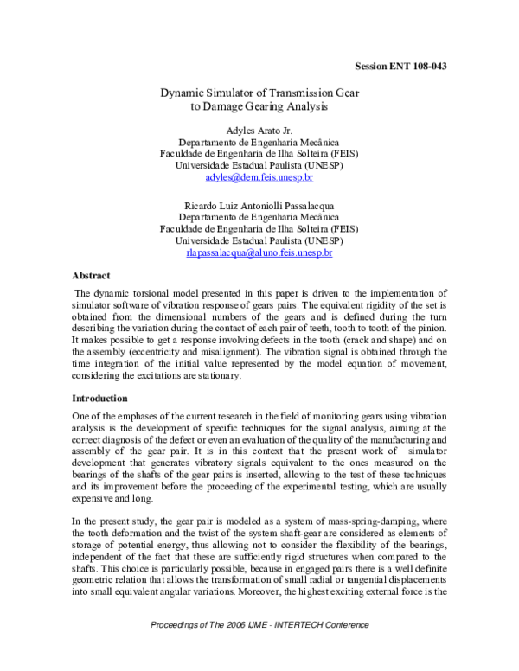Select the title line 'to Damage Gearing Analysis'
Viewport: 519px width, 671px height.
259,108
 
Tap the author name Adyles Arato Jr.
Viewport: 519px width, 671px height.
259,130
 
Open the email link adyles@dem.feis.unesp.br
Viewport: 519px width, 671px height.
259,176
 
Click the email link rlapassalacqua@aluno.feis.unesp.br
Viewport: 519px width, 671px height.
259,252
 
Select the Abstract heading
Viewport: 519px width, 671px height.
91,275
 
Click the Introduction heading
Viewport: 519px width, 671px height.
99,399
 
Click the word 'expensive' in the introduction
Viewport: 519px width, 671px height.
93,499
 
